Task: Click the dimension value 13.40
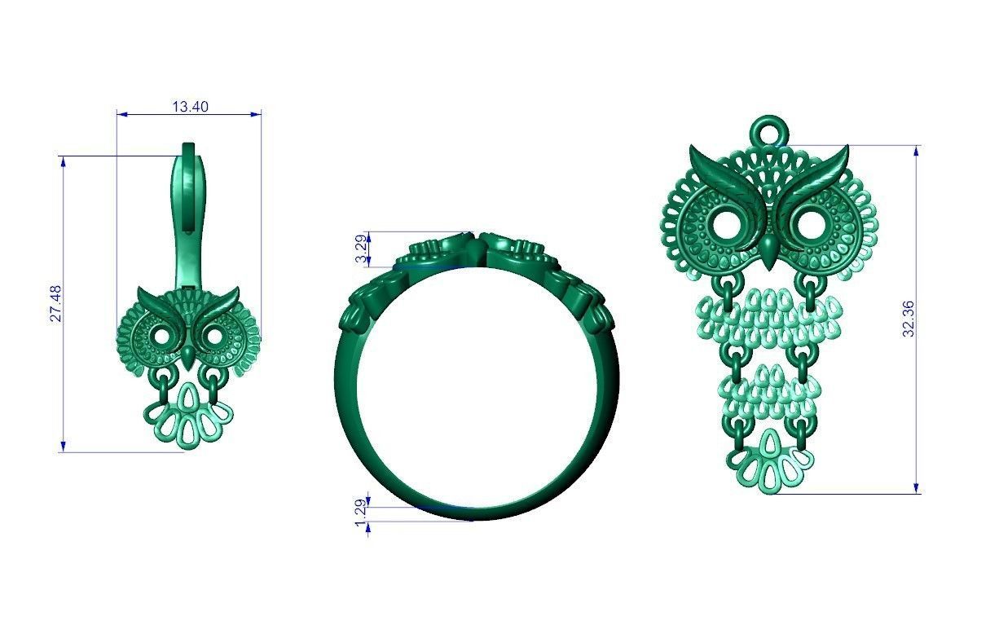(x=190, y=106)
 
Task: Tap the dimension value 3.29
(x=360, y=249)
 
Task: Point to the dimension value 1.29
(x=360, y=513)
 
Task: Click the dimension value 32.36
(x=909, y=319)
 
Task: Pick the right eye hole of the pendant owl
(x=809, y=222)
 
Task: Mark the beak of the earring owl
(x=188, y=355)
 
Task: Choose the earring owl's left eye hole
(x=161, y=335)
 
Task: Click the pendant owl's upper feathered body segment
(x=768, y=322)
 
